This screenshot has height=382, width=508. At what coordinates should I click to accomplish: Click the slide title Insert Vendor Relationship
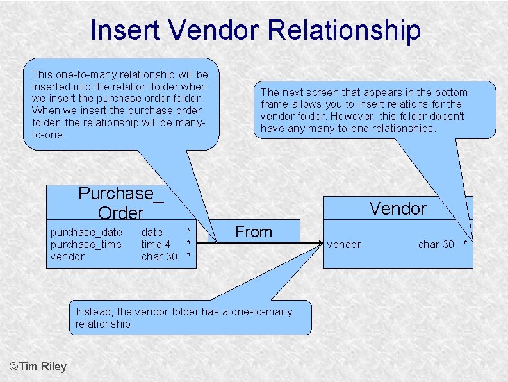[x=255, y=30]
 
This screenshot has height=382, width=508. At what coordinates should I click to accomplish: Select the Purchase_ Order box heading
[x=120, y=203]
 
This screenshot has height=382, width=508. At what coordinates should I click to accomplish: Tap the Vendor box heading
[x=397, y=208]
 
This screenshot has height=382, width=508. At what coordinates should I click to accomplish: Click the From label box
[x=254, y=231]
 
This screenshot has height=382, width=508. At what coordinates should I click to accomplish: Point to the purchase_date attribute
[x=86, y=232]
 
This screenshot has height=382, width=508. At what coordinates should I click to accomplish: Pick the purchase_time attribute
[x=86, y=244]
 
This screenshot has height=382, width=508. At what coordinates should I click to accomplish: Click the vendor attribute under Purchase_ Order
[x=67, y=256]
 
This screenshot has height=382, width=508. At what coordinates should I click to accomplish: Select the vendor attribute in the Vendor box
[x=344, y=244]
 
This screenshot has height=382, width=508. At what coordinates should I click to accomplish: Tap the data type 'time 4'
[x=156, y=244]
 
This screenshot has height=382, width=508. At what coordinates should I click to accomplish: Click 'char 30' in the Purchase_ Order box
[x=159, y=256]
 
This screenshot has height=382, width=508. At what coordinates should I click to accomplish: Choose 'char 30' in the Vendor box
[x=436, y=244]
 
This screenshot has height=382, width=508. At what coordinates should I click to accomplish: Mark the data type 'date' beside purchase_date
[x=152, y=232]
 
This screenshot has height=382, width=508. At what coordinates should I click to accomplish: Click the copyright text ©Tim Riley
[x=38, y=367]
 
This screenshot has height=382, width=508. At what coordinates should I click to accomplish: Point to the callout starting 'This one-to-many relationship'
[x=120, y=104]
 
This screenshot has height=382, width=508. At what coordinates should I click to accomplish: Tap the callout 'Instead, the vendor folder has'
[x=190, y=317]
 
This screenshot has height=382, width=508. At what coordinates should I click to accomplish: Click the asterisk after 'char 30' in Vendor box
[x=466, y=245]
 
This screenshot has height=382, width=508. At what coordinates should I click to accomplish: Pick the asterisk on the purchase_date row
[x=188, y=231]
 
